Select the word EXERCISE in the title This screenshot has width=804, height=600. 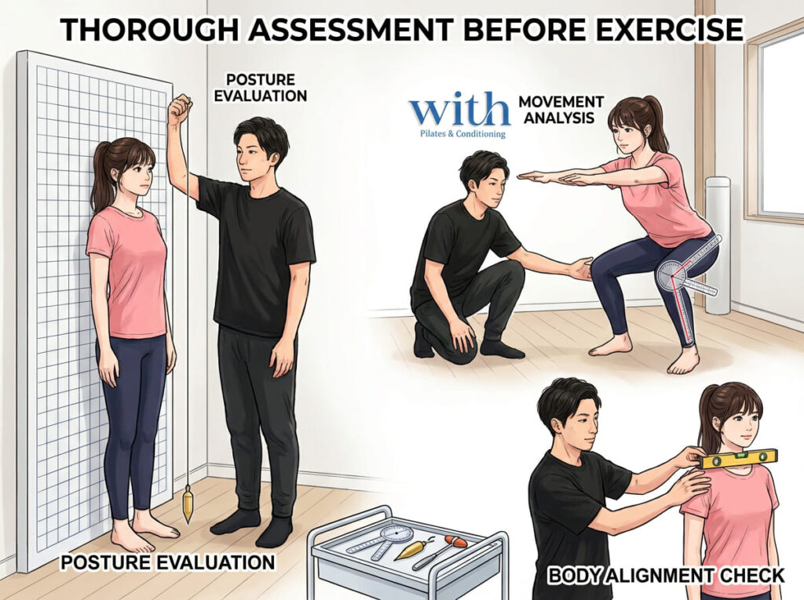coord(669,29)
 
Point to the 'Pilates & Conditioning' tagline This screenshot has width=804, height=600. coord(462,134)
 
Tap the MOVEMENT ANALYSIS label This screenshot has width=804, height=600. coord(561,110)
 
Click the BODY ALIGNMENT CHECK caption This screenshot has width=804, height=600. coord(666,576)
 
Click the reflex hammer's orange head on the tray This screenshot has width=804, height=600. coord(455,541)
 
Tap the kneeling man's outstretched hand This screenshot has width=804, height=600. coord(579,269)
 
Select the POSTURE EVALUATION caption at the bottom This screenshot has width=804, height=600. coord(168,562)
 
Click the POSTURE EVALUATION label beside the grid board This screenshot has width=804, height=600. coord(261,88)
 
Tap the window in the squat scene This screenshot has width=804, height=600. coord(780,123)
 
